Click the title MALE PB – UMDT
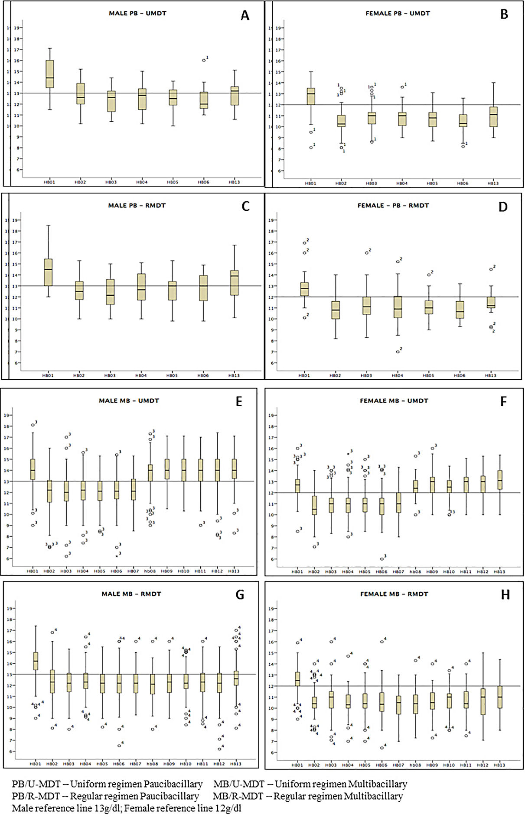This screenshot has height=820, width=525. click(137, 13)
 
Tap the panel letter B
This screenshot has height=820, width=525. click(504, 15)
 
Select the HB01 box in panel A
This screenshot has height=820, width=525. click(50, 74)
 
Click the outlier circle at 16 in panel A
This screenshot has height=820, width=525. click(204, 60)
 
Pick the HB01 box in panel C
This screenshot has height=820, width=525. click(48, 272)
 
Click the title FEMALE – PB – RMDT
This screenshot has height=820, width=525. click(393, 206)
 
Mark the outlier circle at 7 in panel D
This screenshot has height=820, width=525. click(398, 352)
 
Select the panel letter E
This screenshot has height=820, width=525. click(239, 401)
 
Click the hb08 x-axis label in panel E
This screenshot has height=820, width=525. click(150, 571)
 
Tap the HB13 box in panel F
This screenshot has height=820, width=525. click(500, 480)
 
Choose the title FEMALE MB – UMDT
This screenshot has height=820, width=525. click(394, 401)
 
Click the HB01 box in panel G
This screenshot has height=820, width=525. click(36, 661)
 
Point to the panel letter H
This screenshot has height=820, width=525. click(505, 595)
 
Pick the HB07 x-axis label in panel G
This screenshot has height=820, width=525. click(136, 764)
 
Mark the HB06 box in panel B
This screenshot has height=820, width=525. click(463, 120)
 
